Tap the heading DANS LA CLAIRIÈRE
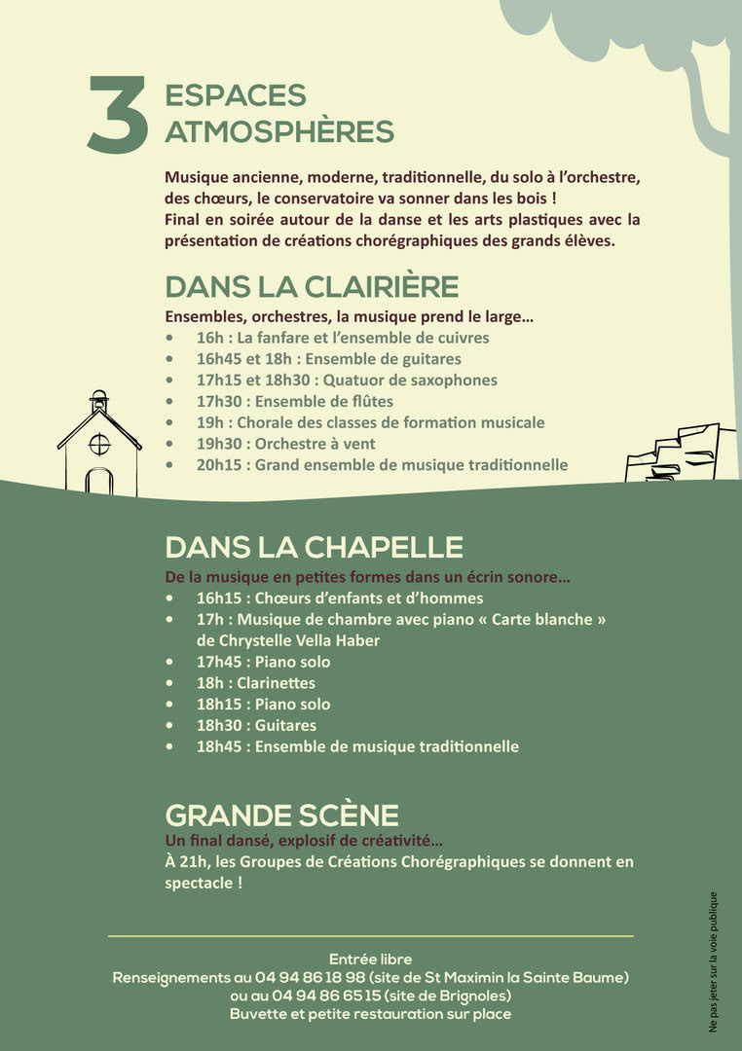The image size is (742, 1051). (312, 287)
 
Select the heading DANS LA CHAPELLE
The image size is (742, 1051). (314, 547)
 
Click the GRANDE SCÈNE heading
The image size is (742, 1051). (281, 815)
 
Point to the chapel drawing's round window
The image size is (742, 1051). (99, 444)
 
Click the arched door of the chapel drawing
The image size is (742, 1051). (99, 482)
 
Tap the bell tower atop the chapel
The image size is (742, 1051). (98, 401)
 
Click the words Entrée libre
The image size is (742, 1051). (370, 960)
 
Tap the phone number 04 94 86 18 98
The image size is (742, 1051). (311, 977)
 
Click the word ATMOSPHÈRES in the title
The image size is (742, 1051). (279, 131)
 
